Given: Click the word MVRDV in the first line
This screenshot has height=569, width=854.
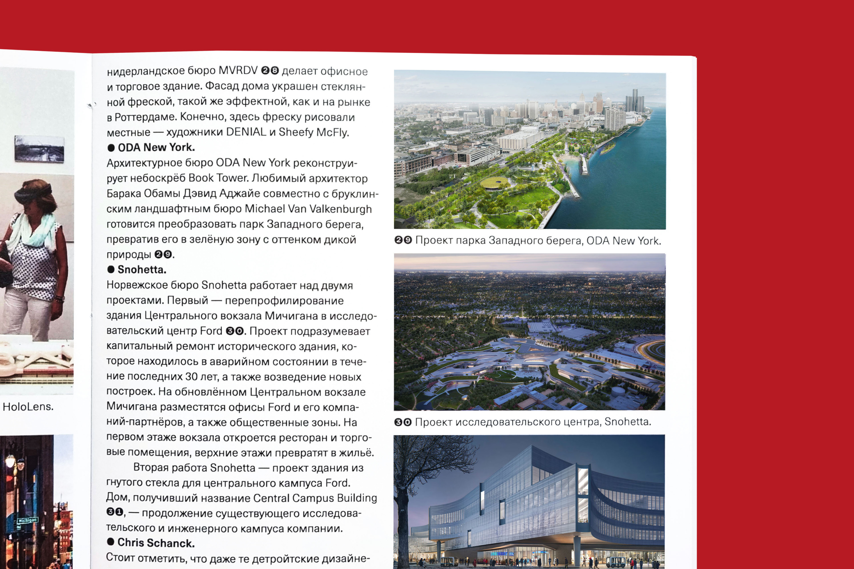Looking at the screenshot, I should (238, 70).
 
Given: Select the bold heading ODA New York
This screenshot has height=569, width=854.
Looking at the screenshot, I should (156, 147).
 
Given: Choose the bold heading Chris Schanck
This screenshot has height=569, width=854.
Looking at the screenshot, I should (156, 543).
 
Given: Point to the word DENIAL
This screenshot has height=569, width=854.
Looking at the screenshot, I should (246, 132).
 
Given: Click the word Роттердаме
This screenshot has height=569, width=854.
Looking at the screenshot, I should (145, 117).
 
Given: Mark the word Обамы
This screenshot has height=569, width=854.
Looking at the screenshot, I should (162, 193).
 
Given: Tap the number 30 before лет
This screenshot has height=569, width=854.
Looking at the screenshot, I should (191, 377).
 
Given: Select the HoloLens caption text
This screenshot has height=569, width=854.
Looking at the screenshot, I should (28, 407).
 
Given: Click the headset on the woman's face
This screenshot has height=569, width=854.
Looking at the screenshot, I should (33, 194).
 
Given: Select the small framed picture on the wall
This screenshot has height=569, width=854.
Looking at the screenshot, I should (39, 149).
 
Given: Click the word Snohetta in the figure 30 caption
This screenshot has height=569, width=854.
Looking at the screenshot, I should (627, 422).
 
